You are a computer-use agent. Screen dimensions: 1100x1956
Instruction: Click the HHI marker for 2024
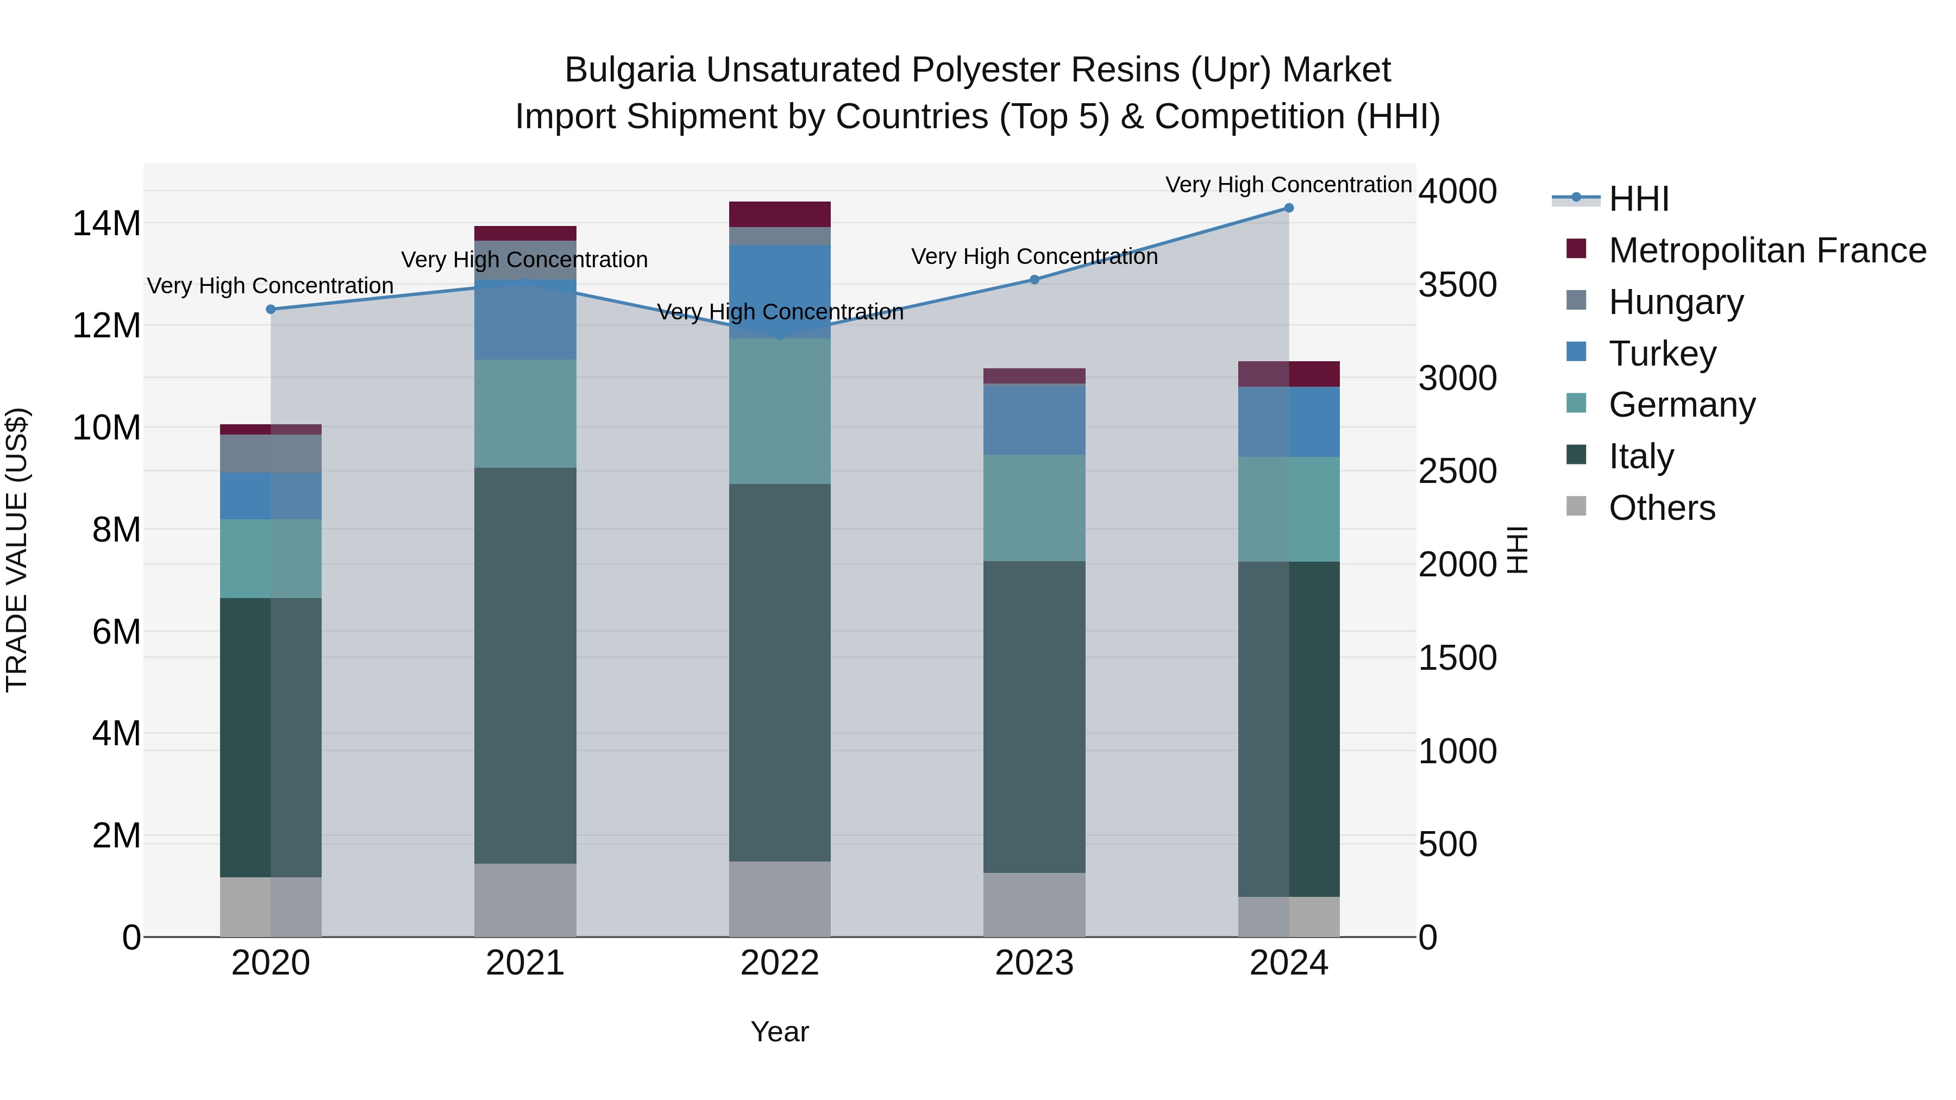(x=1289, y=208)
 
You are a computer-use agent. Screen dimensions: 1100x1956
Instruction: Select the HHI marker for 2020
(x=271, y=309)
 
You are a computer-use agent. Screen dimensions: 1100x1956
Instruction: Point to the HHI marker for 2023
(x=1034, y=279)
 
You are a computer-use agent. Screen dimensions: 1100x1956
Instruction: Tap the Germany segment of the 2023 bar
(x=1034, y=508)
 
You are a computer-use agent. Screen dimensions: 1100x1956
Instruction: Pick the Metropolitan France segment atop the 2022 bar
(x=780, y=214)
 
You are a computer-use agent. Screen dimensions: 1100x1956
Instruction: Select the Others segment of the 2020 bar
(x=271, y=907)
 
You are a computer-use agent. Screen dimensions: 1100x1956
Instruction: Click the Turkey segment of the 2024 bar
(x=1289, y=422)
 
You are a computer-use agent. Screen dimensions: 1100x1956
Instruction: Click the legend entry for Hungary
(x=1675, y=301)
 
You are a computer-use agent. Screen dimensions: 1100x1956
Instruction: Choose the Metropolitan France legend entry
(x=1766, y=250)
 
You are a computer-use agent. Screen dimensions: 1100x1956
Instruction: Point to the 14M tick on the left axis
(x=106, y=224)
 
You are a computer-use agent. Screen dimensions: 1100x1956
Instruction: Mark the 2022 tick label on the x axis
(x=780, y=963)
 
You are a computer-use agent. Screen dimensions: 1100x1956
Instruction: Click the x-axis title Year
(x=780, y=1032)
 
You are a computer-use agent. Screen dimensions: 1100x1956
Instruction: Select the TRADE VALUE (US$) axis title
(x=17, y=550)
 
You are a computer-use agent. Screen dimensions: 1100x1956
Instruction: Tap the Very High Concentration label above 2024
(x=1289, y=185)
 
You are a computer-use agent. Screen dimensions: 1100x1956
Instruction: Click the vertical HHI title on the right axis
(x=1517, y=550)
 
